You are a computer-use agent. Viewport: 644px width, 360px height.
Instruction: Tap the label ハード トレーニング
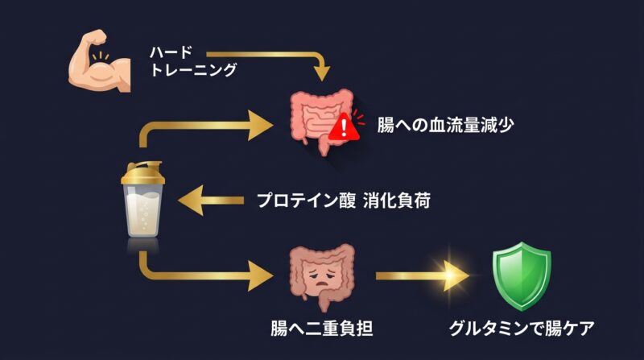coord(193,61)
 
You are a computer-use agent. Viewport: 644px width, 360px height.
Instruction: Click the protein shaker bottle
coord(142,201)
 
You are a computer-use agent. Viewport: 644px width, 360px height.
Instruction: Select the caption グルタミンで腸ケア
coord(523,329)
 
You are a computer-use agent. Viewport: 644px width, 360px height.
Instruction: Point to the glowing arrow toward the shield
coord(427,275)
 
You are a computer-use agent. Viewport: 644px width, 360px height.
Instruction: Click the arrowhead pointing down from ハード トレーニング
coord(322,74)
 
